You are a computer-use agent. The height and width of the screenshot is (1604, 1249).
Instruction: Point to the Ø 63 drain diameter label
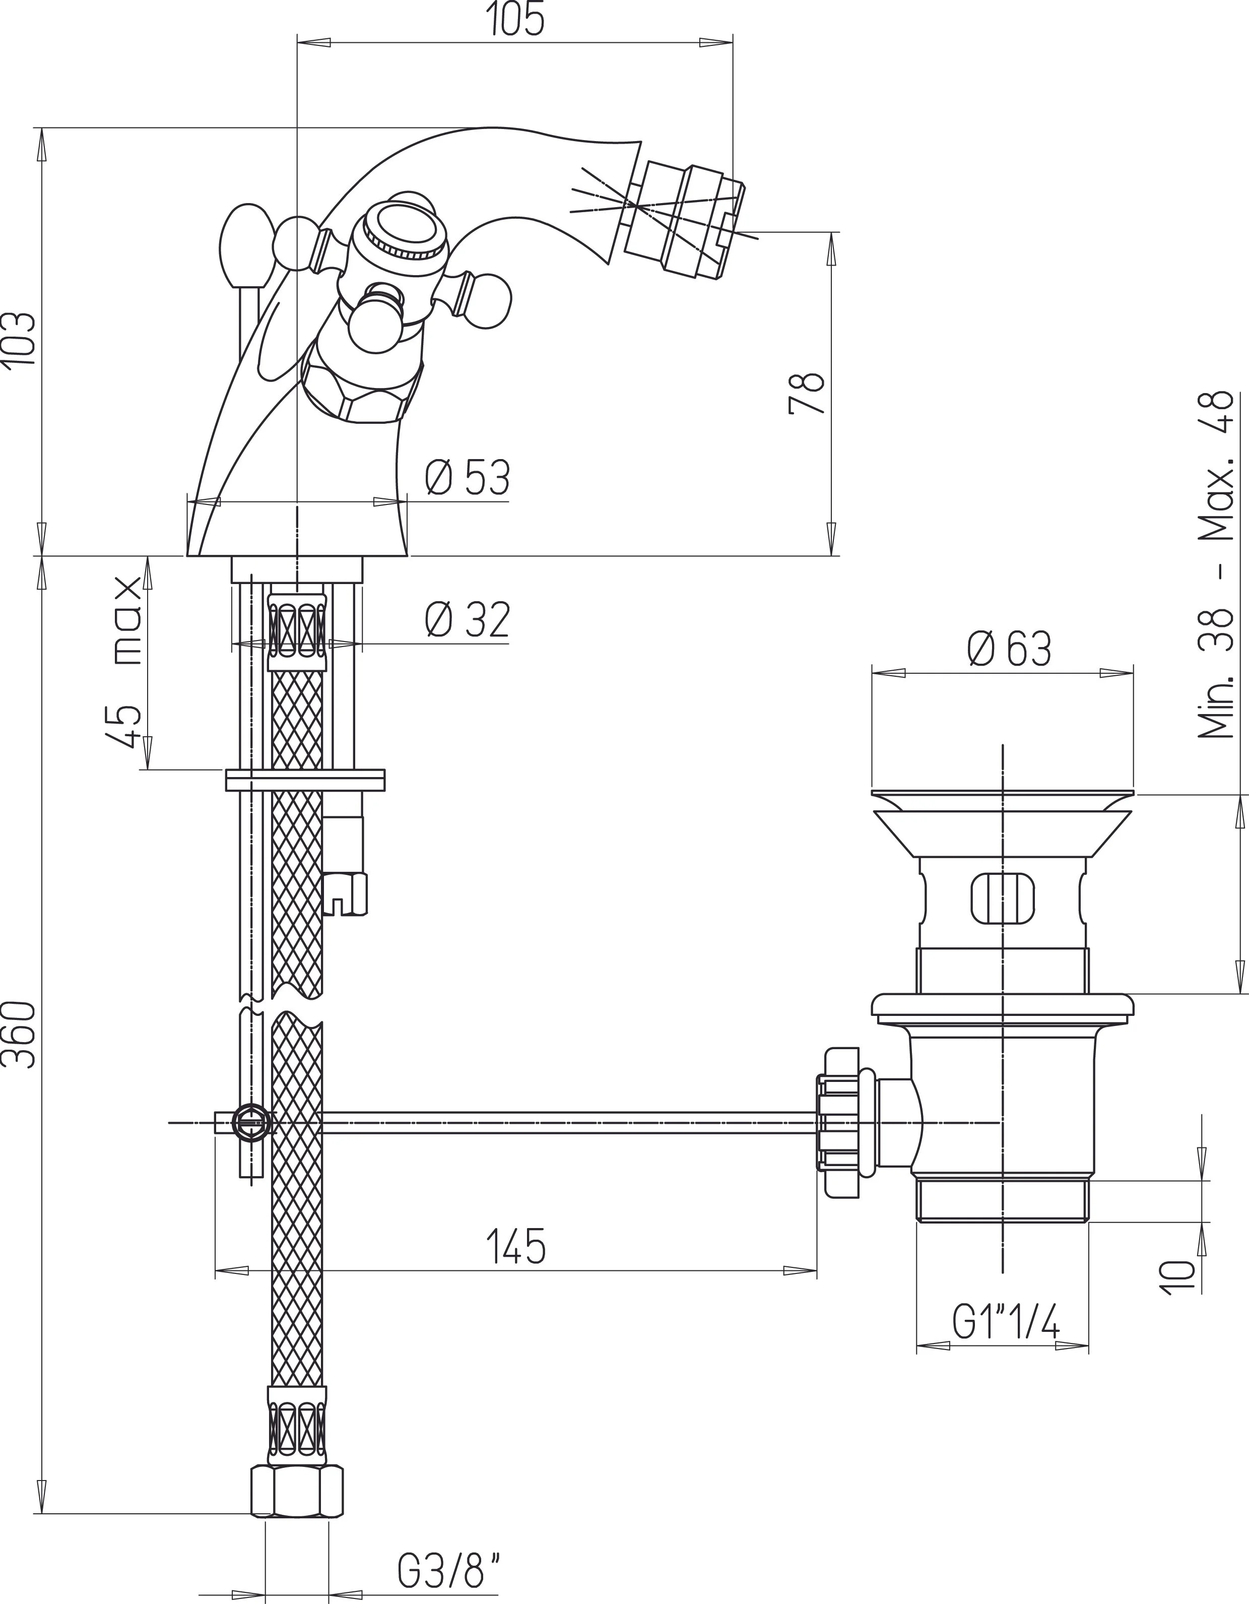click(1010, 649)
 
